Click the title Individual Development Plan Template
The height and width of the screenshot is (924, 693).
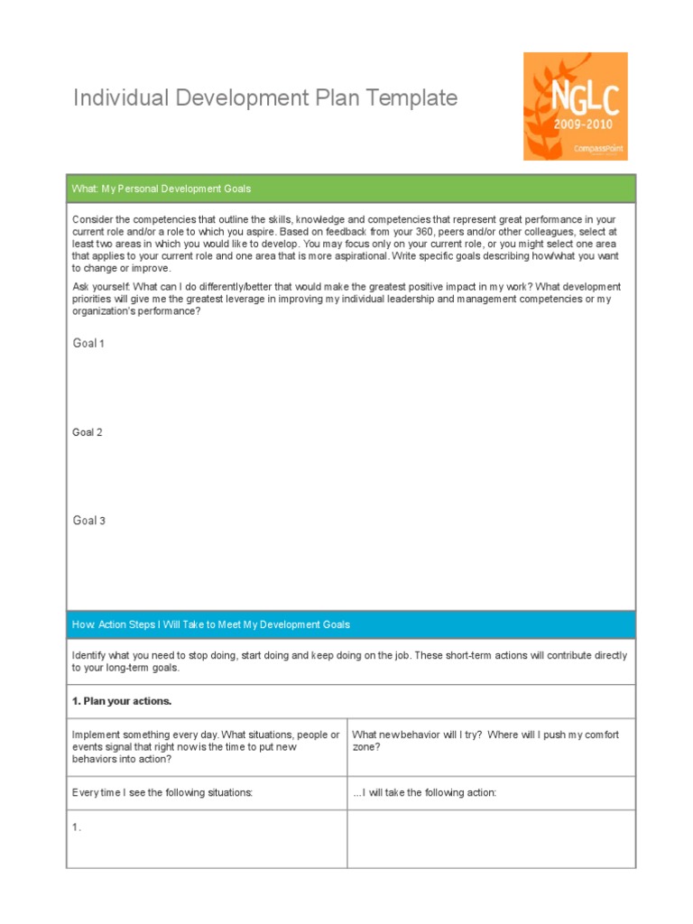(265, 98)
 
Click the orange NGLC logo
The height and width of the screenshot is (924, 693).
(575, 106)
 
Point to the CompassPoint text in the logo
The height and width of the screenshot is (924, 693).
(598, 150)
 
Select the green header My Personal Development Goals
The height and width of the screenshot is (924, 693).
(162, 189)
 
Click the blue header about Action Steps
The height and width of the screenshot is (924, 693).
(211, 624)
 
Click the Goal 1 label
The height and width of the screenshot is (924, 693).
(88, 344)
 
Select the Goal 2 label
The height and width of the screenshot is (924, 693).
(88, 432)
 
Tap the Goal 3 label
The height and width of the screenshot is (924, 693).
(88, 521)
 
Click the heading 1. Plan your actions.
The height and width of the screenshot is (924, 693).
(122, 701)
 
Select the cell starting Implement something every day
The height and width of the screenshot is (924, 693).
(206, 747)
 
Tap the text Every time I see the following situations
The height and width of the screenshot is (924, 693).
(162, 793)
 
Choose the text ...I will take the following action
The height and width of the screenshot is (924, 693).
(425, 793)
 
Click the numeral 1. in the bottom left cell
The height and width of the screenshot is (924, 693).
(77, 827)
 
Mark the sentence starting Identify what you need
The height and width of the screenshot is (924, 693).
(349, 661)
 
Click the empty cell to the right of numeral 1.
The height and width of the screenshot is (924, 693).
(491, 838)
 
